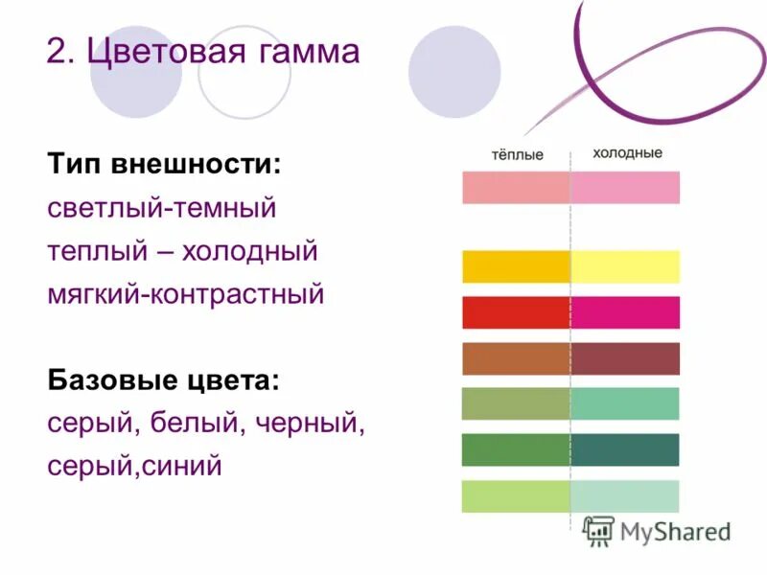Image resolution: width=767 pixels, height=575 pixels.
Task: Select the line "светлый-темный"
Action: (161, 206)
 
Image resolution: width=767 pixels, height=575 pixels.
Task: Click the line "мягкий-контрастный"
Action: (186, 293)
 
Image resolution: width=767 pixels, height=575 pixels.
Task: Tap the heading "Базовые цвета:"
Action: (164, 380)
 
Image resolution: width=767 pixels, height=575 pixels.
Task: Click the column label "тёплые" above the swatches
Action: (517, 154)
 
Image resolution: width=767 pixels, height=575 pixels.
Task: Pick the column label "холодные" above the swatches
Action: (627, 153)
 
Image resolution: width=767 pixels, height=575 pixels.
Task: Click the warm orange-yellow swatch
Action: (516, 266)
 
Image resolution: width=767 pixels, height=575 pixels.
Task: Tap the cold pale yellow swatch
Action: (625, 266)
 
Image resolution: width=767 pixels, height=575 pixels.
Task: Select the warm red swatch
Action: (516, 312)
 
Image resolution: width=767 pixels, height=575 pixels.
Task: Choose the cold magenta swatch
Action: (625, 312)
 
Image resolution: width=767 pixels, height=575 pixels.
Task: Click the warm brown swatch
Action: (516, 358)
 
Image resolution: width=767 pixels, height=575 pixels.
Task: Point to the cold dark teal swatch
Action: (625, 449)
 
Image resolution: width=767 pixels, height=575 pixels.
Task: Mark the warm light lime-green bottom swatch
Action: (516, 495)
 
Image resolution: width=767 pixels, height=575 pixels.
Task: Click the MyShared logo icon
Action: (599, 530)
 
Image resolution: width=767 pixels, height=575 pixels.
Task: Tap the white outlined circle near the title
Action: (244, 72)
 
